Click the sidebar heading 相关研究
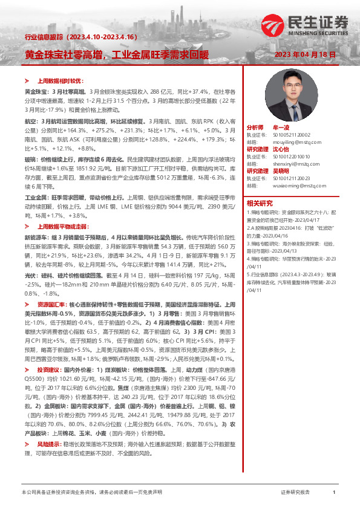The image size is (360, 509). pyautogui.click(x=259, y=203)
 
